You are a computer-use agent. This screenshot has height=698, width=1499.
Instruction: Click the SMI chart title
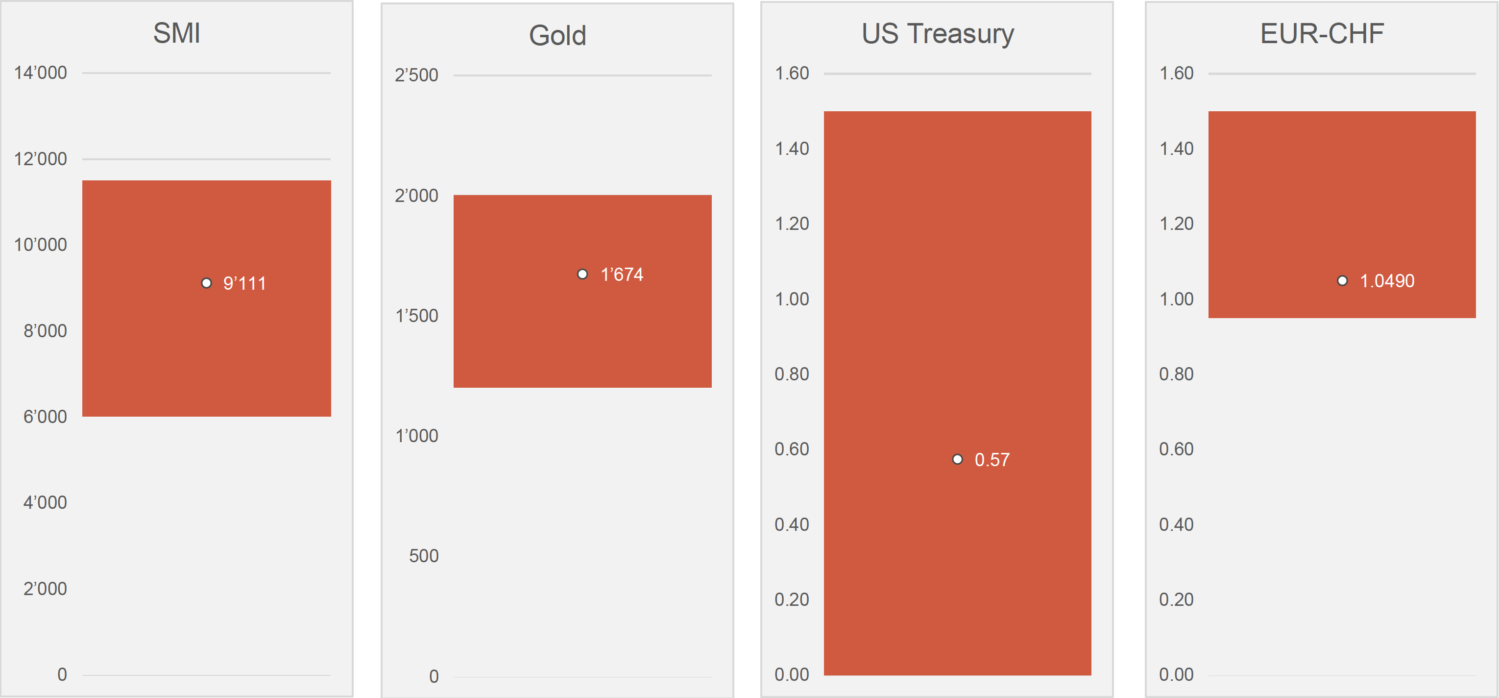pos(177,33)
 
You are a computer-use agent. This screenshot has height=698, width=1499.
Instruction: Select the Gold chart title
pos(557,35)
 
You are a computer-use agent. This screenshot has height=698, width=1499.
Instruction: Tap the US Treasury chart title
pos(938,34)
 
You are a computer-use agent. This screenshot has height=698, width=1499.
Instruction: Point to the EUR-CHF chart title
pos(1322,34)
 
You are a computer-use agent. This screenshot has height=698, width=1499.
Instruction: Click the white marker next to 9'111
pos(207,283)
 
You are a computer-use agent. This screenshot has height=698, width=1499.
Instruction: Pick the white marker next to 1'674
pos(582,274)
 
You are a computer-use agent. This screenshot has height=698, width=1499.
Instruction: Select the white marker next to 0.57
pos(957,459)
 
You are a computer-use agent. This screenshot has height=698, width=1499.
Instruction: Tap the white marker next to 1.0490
pos(1342,280)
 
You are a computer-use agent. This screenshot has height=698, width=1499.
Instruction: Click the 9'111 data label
pos(244,283)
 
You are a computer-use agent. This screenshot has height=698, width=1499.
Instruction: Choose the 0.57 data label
pos(992,460)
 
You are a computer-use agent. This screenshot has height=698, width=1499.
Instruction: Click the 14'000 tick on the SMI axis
pos(40,73)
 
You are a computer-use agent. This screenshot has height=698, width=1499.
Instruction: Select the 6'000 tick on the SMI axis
pos(45,417)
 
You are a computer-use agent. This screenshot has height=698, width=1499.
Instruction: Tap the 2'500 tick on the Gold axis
pos(416,75)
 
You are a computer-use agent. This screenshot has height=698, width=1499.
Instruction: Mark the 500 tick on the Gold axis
pos(424,556)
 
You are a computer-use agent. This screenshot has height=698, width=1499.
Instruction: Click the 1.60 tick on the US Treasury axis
pos(792,74)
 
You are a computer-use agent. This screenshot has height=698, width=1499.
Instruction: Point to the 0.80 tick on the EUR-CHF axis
pos(1176,374)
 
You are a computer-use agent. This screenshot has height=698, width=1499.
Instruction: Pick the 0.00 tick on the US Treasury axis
pos(792,674)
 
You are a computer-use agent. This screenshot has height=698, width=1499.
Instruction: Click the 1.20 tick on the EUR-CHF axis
pos(1176,224)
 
